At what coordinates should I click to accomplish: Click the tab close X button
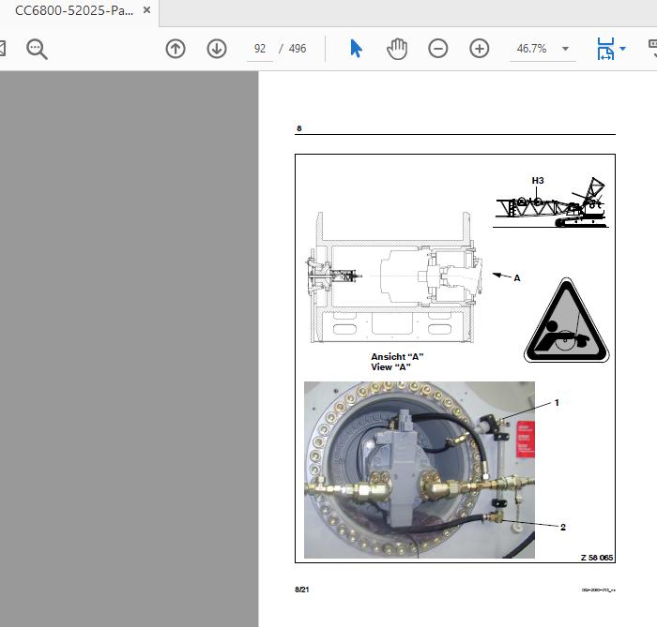pos(147,11)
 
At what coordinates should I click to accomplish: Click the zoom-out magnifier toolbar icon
pos(37,49)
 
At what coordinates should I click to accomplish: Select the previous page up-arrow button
pos(176,49)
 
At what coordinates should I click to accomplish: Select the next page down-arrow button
pos(217,49)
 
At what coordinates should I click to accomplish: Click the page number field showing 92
pos(260,49)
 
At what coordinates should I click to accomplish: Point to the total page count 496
pos(298,49)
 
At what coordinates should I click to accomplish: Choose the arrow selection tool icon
pos(357,49)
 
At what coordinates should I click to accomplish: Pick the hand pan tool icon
pos(397,49)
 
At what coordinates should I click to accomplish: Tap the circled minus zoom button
pos(438,49)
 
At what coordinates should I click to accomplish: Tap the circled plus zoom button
pos(480,49)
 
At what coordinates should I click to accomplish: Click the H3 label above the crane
pos(538,180)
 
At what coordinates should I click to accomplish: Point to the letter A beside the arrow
pos(516,278)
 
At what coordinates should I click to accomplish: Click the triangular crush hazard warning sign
pos(566,323)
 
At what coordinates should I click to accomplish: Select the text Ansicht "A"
pos(397,357)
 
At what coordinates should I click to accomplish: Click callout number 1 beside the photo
pos(557,403)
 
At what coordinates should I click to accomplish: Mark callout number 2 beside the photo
pos(563,527)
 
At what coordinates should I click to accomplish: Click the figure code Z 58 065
pos(596,558)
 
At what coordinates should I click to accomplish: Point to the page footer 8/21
pos(301,590)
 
